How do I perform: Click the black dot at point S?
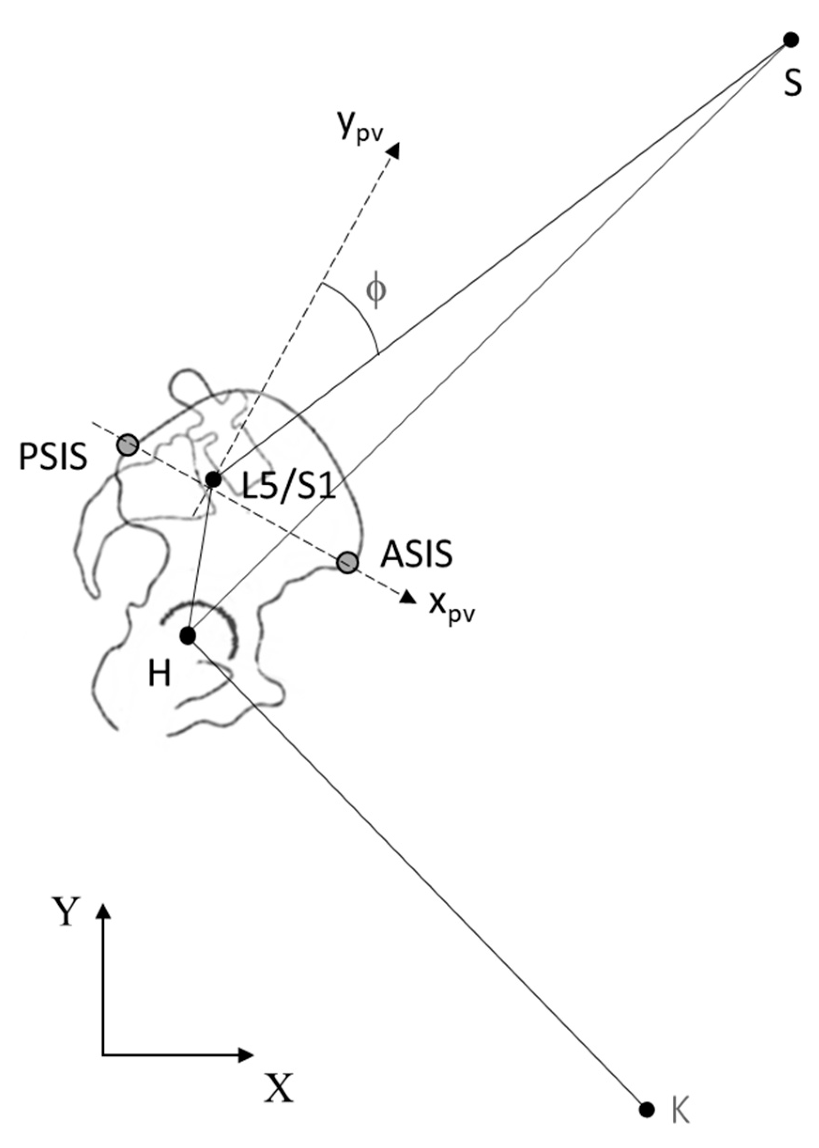click(x=790, y=40)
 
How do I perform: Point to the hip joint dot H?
click(x=188, y=636)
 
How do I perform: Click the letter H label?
click(x=160, y=674)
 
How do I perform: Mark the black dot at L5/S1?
click(x=214, y=479)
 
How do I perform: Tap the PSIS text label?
click(x=53, y=457)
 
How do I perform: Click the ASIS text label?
click(x=417, y=554)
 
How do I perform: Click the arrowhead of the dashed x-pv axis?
click(x=408, y=597)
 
